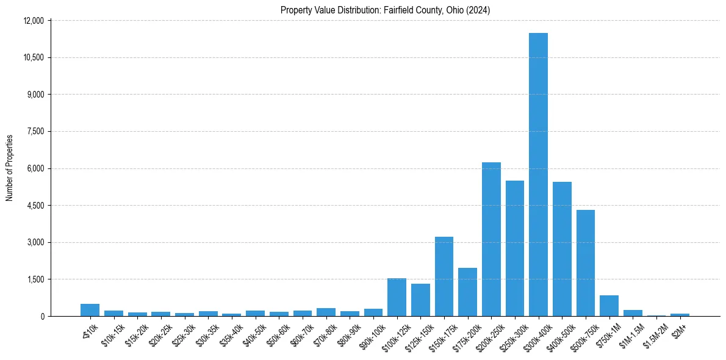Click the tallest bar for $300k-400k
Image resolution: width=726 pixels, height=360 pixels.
pyautogui.click(x=538, y=175)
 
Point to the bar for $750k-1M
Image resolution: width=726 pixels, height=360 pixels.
pyautogui.click(x=609, y=306)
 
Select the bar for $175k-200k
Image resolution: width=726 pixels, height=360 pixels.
pyautogui.click(x=467, y=292)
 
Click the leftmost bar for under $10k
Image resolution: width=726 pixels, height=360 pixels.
pyautogui.click(x=90, y=310)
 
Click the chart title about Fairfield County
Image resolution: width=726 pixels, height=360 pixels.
pyautogui.click(x=385, y=10)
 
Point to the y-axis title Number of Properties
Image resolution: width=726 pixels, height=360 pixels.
pyautogui.click(x=10, y=168)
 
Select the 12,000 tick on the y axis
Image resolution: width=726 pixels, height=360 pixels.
pyautogui.click(x=34, y=21)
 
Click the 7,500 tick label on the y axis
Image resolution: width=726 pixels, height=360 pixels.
pyautogui.click(x=35, y=132)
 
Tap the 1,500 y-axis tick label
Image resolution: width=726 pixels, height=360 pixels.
pyautogui.click(x=35, y=279)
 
